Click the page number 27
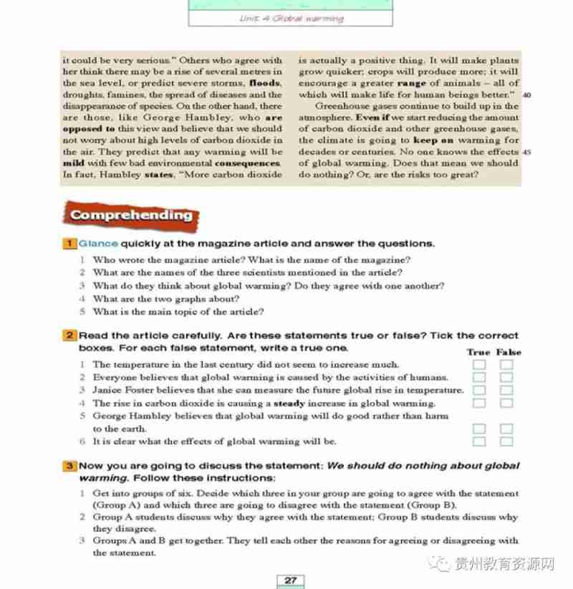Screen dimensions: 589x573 290,580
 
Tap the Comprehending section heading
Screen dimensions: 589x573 131,215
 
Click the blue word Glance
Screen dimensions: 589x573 98,244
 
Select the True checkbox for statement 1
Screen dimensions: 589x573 479,365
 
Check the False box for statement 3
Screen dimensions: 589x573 506,391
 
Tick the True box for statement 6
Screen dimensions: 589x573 479,441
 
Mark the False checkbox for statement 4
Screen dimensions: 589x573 506,403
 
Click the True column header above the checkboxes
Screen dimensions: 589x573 478,352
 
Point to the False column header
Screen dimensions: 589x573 509,352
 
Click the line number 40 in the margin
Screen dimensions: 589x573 526,95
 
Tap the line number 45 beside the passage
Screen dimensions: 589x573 526,152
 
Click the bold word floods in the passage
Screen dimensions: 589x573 264,83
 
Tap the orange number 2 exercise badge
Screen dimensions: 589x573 70,335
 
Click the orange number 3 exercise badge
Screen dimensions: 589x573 70,466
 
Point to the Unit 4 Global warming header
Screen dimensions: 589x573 291,19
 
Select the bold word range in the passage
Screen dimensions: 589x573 411,83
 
